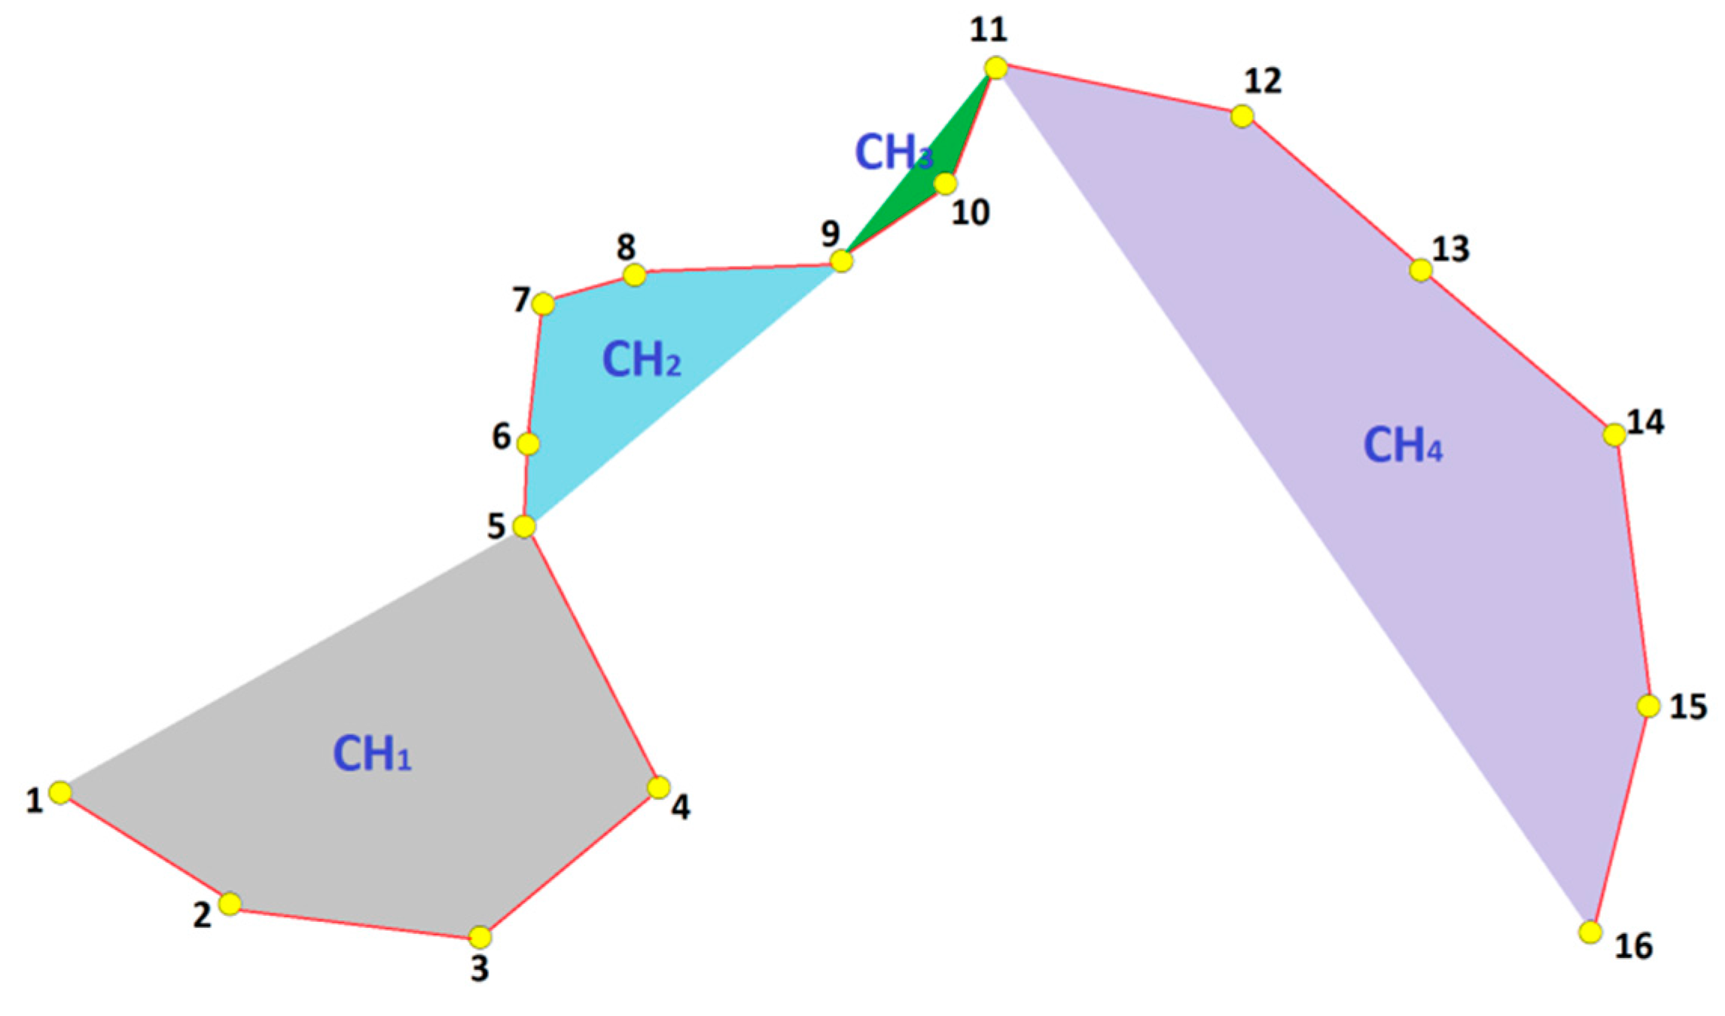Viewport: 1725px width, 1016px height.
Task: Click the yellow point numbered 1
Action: coord(60,792)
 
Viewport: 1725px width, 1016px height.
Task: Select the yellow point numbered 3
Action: coord(480,937)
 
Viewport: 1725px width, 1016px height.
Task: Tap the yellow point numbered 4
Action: coord(659,788)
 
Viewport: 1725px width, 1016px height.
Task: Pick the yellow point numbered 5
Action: coord(524,526)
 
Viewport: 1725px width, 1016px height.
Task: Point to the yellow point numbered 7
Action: coord(543,304)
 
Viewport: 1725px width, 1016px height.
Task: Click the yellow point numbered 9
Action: coord(841,261)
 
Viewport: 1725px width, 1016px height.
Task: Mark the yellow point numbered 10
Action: coord(946,183)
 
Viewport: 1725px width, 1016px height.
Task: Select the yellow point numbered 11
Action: coord(996,68)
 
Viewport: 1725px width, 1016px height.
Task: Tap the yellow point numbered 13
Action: coord(1421,270)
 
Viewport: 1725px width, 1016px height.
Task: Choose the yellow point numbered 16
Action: coord(1590,932)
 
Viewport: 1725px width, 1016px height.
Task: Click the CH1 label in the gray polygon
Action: coord(372,753)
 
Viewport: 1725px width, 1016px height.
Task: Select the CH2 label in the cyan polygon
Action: coord(642,359)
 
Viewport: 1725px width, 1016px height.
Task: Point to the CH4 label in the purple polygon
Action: coord(1403,445)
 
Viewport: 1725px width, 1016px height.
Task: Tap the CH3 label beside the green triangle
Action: coord(893,152)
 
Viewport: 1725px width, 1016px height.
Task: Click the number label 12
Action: coord(1263,81)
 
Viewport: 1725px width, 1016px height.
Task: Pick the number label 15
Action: coord(1688,707)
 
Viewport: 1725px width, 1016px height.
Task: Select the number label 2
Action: coord(202,914)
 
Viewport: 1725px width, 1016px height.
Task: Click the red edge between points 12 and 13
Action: coord(1331,193)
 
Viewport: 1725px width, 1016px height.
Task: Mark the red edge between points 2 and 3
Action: coord(355,920)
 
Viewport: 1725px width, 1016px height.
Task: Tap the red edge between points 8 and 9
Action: coord(738,268)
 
